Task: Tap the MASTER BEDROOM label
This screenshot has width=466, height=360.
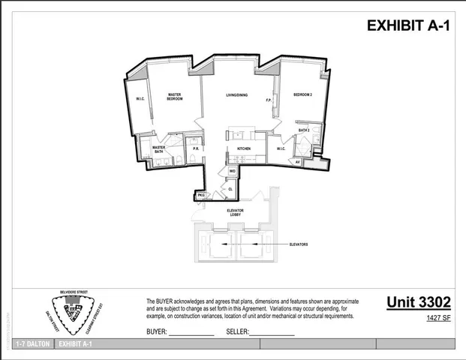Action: click(x=175, y=97)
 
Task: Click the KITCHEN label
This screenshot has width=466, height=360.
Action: click(x=244, y=148)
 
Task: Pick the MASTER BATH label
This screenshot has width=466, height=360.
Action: click(x=158, y=149)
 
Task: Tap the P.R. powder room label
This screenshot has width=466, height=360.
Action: click(x=195, y=148)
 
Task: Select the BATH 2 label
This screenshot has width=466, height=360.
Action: click(x=304, y=130)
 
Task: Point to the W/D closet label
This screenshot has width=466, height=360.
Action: click(x=233, y=171)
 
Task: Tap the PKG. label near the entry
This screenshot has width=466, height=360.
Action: click(x=201, y=195)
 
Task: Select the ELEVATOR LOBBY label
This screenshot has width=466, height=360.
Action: click(x=235, y=212)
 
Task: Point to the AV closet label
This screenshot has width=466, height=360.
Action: click(x=298, y=162)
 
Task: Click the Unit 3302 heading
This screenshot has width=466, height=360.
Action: click(x=419, y=302)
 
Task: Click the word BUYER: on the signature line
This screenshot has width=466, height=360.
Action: click(x=157, y=331)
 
